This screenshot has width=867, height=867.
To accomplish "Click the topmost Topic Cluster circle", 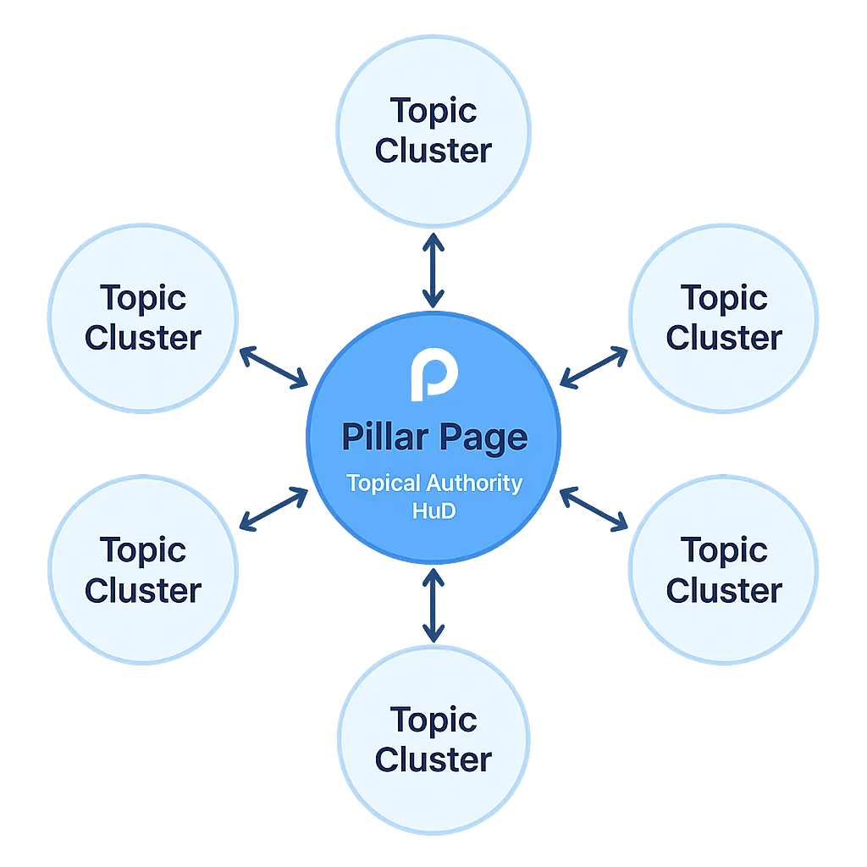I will tap(433, 131).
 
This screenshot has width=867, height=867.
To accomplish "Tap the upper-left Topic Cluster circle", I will tap(143, 318).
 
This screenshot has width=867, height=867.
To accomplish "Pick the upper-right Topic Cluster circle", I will tap(724, 318).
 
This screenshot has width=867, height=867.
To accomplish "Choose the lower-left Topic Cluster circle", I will tap(143, 570).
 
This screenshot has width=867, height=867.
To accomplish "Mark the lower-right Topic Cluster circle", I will tap(724, 570).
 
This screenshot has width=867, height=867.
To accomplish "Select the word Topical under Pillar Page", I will tap(383, 483).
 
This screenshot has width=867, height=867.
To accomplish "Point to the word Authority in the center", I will tap(474, 483).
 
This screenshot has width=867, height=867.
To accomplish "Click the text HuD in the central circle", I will tap(433, 511).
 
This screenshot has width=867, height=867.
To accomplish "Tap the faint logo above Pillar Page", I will tap(433, 373).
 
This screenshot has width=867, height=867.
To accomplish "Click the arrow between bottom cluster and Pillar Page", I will tap(433, 605).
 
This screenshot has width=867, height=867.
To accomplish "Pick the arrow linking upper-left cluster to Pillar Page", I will tap(273, 368).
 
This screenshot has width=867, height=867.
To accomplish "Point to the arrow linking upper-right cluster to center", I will tap(594, 367).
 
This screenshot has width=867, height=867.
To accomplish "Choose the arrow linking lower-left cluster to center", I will tap(273, 510).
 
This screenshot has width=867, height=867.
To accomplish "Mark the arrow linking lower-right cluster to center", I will tap(594, 510).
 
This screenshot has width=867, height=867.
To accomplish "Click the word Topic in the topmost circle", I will tap(433, 111).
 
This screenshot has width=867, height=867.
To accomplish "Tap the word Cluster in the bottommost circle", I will tap(433, 759).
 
